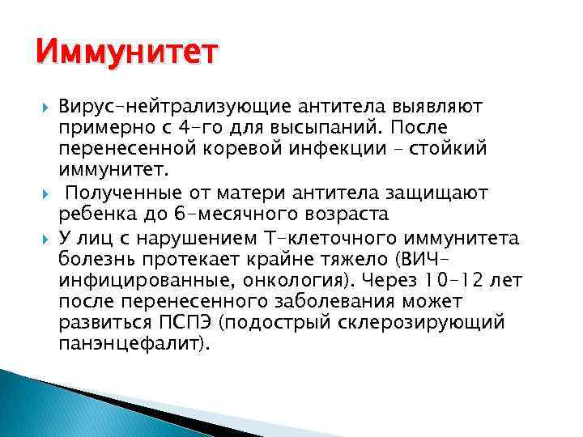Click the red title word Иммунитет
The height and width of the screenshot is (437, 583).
127,54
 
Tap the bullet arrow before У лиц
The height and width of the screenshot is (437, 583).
43,237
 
